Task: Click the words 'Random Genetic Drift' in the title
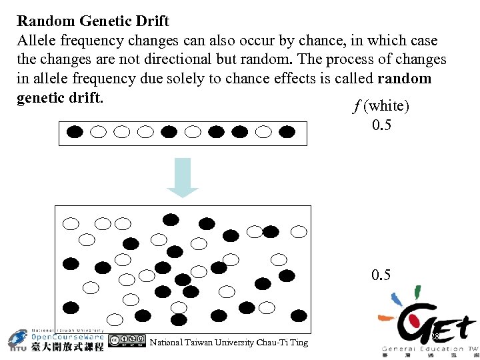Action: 93,21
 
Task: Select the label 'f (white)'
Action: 381,106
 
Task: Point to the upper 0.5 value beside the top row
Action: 382,126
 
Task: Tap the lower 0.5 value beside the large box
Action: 382,275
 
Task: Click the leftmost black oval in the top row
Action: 75,131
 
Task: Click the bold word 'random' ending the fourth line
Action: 405,78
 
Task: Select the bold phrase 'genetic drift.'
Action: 61,97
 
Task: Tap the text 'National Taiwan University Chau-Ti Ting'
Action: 229,342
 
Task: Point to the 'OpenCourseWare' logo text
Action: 67,337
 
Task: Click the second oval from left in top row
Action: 98,131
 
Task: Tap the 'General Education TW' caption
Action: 430,349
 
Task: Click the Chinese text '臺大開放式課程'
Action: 67,347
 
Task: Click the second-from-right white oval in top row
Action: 264,131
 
